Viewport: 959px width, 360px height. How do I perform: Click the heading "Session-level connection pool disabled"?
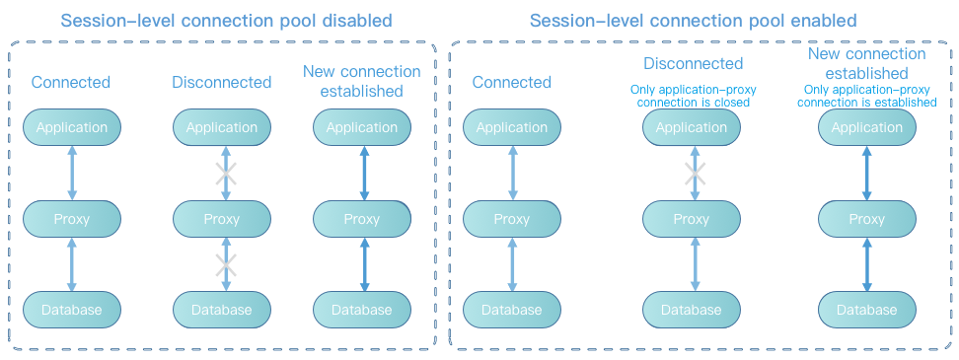click(226, 20)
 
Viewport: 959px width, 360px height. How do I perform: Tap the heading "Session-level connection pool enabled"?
click(693, 20)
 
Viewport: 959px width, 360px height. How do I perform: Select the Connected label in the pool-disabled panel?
click(71, 82)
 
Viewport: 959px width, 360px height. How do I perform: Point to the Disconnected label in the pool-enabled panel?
click(693, 63)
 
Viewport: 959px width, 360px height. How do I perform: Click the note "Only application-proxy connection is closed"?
click(693, 96)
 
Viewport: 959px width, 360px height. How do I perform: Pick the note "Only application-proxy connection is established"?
click(866, 96)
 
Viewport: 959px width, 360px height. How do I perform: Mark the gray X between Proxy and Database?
click(226, 265)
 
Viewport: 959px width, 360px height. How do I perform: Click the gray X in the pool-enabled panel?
click(695, 174)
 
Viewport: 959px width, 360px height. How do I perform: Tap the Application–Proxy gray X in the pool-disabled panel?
click(226, 174)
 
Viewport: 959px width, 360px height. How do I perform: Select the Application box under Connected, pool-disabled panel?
click(72, 127)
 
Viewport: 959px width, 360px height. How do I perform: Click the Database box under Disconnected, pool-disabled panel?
click(221, 310)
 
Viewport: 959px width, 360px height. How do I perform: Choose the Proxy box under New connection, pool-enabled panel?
click(867, 219)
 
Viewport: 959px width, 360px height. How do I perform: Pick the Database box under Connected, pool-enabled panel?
click(511, 310)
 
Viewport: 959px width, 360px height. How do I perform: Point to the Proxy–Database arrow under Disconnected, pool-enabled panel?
click(695, 264)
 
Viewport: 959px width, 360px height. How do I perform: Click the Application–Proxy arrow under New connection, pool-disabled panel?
click(365, 173)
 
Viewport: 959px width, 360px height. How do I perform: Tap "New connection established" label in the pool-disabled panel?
click(362, 81)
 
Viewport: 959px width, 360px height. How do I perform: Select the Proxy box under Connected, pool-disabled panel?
click(72, 219)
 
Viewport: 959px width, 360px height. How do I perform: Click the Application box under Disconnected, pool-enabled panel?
click(692, 127)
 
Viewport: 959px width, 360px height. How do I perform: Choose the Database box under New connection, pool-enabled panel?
click(867, 310)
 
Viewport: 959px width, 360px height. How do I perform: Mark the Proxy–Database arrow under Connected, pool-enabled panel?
click(512, 264)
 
